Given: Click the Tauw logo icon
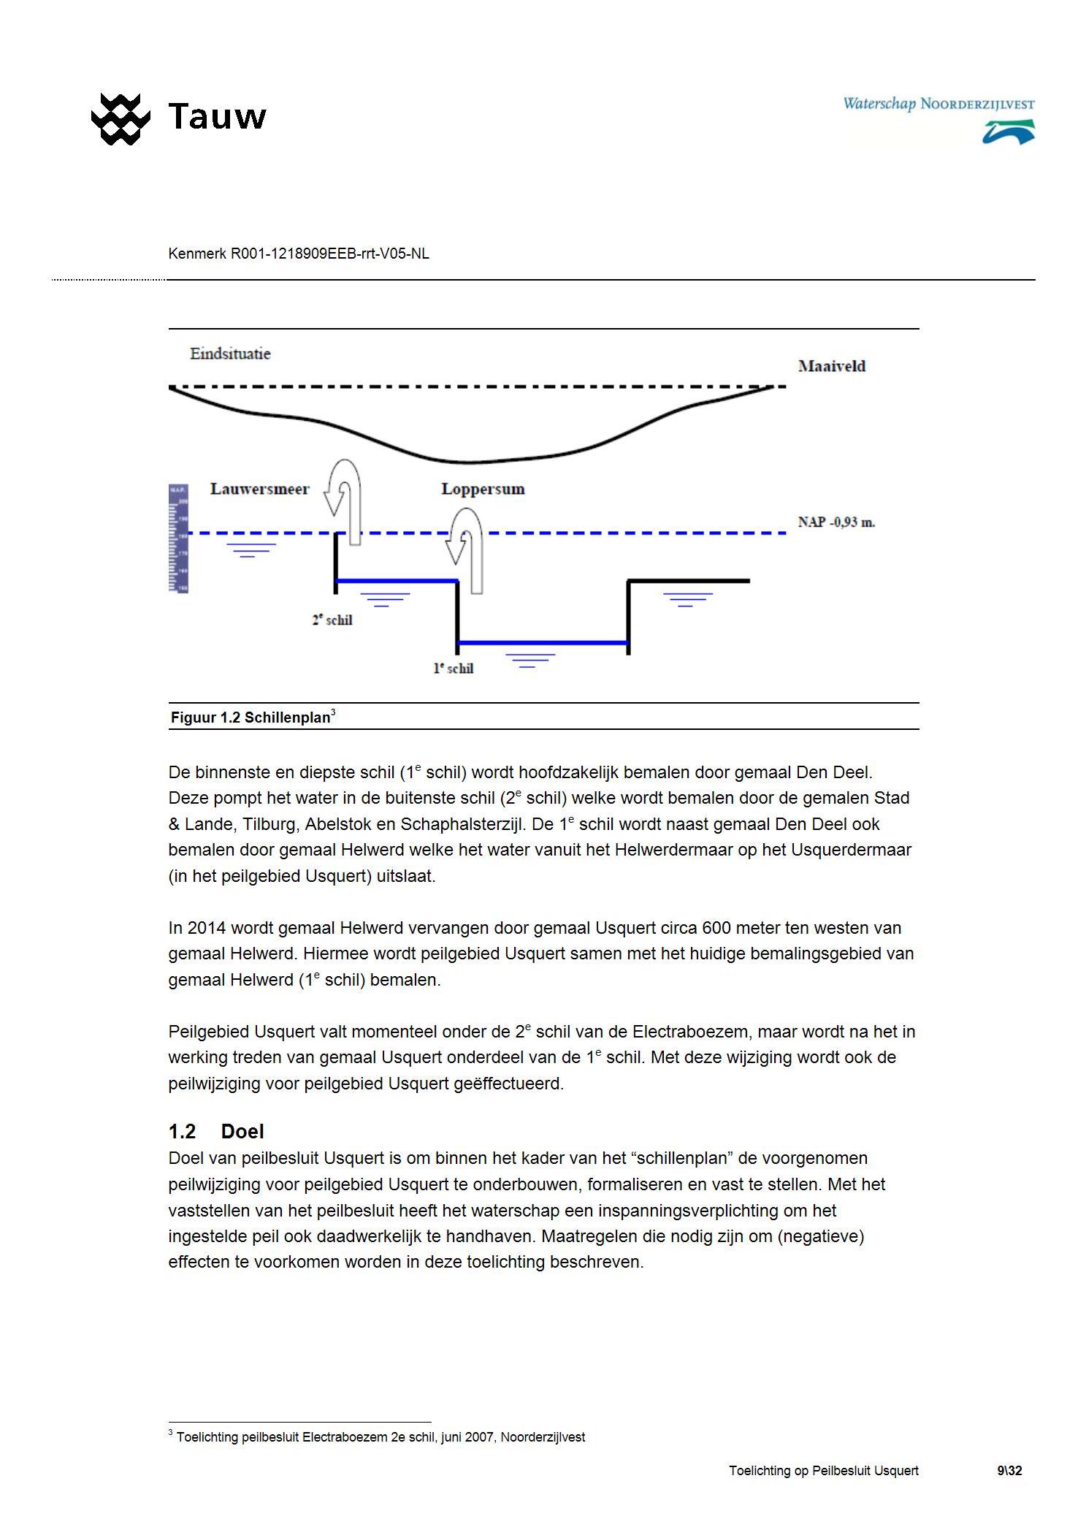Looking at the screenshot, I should tap(121, 118).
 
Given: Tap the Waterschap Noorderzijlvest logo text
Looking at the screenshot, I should tap(938, 104).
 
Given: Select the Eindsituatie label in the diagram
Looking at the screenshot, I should tap(230, 354).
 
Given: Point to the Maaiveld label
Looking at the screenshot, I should tap(831, 367).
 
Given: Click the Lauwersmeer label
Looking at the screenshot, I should tap(259, 490).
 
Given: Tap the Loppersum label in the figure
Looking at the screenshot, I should tap(483, 490).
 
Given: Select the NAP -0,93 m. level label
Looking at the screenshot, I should tap(836, 522).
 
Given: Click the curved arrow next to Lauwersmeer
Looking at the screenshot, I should tap(344, 497).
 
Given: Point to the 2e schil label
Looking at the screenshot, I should tap(332, 620).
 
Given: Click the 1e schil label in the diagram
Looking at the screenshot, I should tap(454, 669).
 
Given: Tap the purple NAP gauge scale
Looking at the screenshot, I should tap(178, 538).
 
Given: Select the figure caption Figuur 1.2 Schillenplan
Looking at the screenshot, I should tap(253, 717).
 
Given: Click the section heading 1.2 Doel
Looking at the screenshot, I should tap(216, 1131).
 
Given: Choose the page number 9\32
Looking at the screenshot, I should tap(1009, 1471).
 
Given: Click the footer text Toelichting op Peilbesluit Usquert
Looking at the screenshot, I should tap(823, 1471).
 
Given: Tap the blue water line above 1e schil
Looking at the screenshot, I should tap(543, 643).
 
